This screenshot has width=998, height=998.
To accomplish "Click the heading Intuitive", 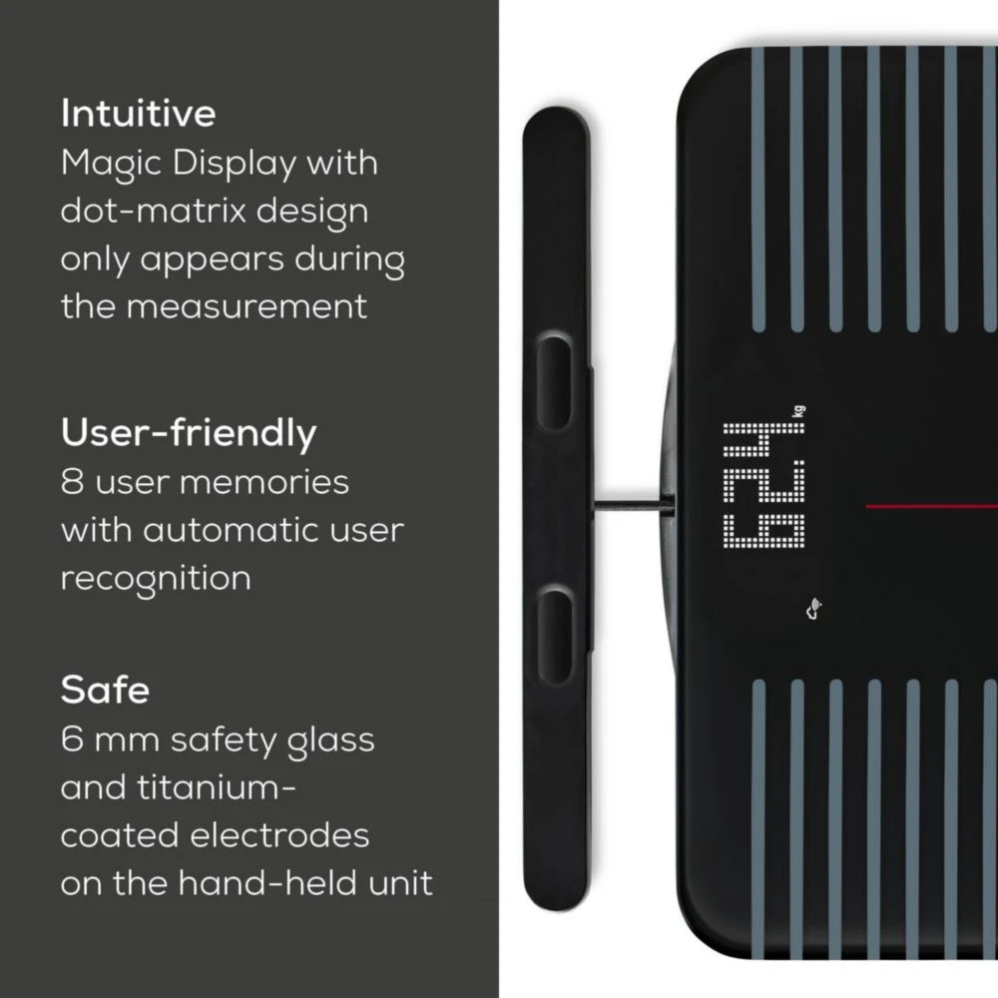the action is (x=138, y=114).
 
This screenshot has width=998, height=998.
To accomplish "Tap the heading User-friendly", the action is (x=189, y=433).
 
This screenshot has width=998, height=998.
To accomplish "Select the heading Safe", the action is (x=105, y=690).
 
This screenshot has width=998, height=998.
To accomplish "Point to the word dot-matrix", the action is (x=153, y=211).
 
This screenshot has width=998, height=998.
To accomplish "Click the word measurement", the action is (x=247, y=306).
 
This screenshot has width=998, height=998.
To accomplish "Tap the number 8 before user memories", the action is (x=72, y=482).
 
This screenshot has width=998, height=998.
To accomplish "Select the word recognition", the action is (x=156, y=579).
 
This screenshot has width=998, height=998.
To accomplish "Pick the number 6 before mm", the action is (x=72, y=739).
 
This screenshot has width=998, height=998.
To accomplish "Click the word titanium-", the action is (x=217, y=787).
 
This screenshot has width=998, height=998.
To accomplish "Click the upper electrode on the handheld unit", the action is (x=554, y=383).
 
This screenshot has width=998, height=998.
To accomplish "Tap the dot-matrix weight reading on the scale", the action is (x=763, y=484).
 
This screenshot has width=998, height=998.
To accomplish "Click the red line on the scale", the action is (x=931, y=507).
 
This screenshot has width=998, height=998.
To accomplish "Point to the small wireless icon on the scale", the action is (x=814, y=609).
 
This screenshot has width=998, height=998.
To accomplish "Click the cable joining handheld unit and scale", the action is (x=633, y=506).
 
